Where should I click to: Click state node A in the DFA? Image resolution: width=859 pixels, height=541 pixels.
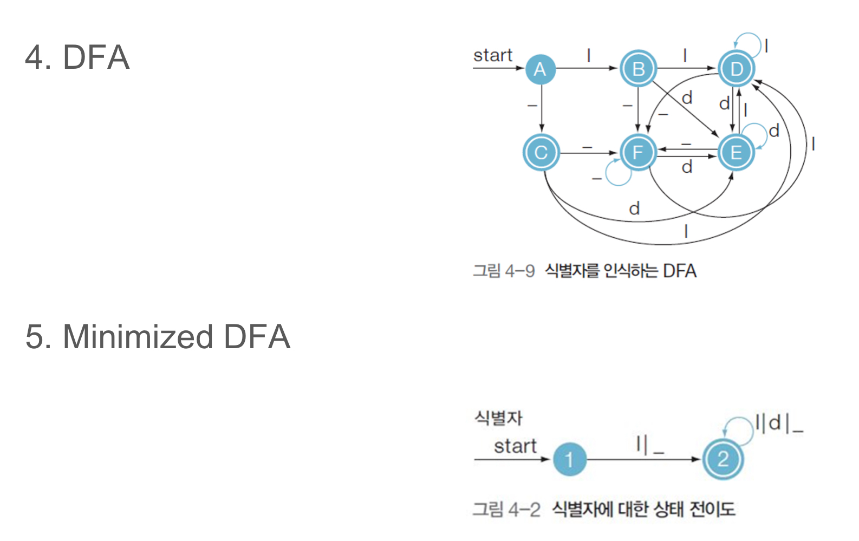tap(540, 69)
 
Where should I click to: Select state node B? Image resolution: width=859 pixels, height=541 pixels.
tap(638, 69)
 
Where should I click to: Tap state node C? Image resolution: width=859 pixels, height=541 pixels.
tap(541, 152)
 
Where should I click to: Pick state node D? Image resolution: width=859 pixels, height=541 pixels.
tap(736, 69)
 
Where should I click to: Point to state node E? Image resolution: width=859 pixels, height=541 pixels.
tap(736, 152)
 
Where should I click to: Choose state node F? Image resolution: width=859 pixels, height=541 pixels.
tap(638, 152)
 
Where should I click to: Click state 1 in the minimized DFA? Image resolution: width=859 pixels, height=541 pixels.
tap(569, 459)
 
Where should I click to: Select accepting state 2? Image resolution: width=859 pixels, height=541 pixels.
tap(723, 459)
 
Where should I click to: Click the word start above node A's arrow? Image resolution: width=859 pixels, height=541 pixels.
tap(492, 55)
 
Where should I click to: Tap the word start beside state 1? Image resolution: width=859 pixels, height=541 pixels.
tap(515, 446)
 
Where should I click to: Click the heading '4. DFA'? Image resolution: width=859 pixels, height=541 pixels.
tap(77, 57)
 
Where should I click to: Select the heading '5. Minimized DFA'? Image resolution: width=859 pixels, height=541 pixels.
tap(158, 336)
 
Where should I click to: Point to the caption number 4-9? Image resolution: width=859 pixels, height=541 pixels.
tap(519, 270)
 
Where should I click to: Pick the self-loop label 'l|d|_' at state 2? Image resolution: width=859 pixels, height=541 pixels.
tap(778, 423)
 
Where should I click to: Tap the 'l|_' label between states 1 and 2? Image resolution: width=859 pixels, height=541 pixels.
tap(649, 445)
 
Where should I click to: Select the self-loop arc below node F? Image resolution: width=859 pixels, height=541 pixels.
tap(617, 175)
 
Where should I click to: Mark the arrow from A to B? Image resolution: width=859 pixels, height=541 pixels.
tap(587, 68)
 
